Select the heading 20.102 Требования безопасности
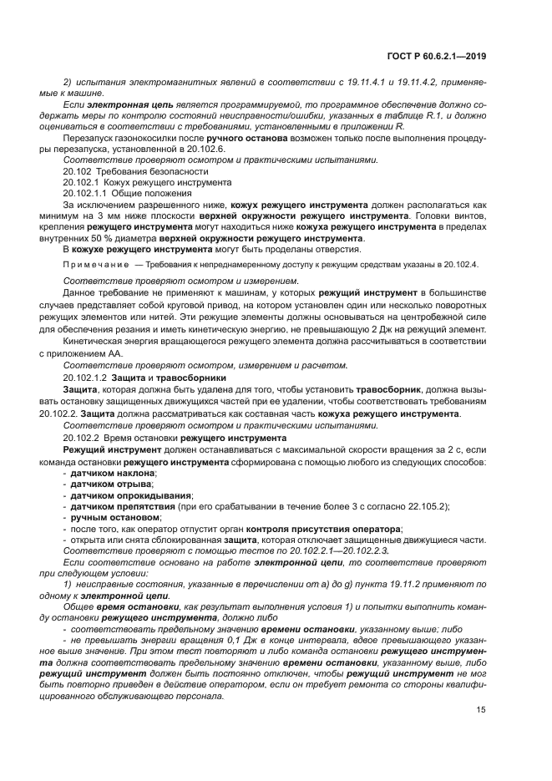click(122, 170)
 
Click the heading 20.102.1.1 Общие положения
click(128, 193)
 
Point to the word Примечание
click(97, 264)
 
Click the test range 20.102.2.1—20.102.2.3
click(328, 552)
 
